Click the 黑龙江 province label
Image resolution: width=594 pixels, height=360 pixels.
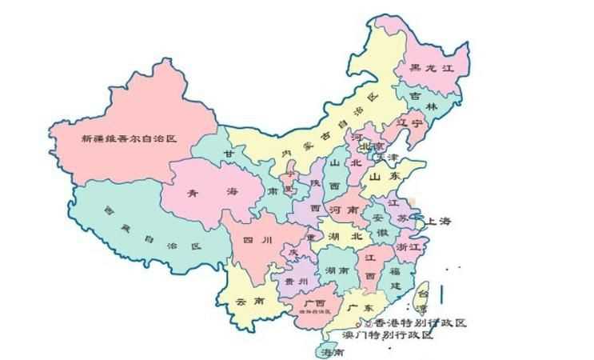coord(433,70)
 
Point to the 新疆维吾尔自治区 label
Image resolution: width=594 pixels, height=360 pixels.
coord(128,138)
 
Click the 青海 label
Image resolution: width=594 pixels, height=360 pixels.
coord(210,193)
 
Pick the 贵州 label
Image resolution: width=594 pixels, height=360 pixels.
coord(294,282)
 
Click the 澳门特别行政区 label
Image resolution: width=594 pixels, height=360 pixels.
coord(387,335)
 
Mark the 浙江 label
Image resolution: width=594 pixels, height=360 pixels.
coord(408,249)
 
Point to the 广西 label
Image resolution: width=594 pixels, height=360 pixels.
coord(314,304)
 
